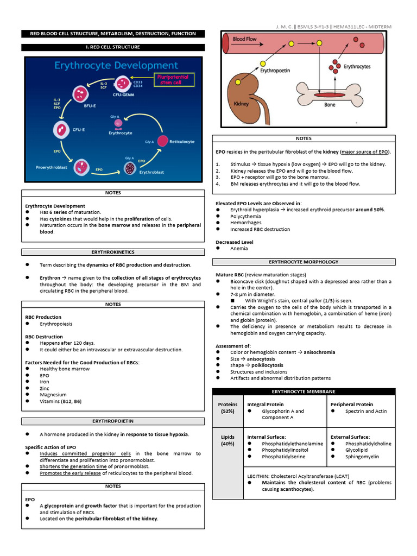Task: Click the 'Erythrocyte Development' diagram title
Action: tap(116, 66)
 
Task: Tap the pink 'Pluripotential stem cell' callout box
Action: tap(172, 80)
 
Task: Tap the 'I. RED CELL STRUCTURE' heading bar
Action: tap(113, 47)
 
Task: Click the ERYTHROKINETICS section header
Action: tap(113, 252)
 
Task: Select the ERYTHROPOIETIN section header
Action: tap(113, 421)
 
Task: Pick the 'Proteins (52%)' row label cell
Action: tap(228, 408)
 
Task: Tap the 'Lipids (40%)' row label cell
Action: tap(228, 440)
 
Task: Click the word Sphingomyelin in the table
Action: tap(362, 457)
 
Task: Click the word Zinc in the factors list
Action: tap(45, 388)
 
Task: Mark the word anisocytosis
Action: tap(258, 359)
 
